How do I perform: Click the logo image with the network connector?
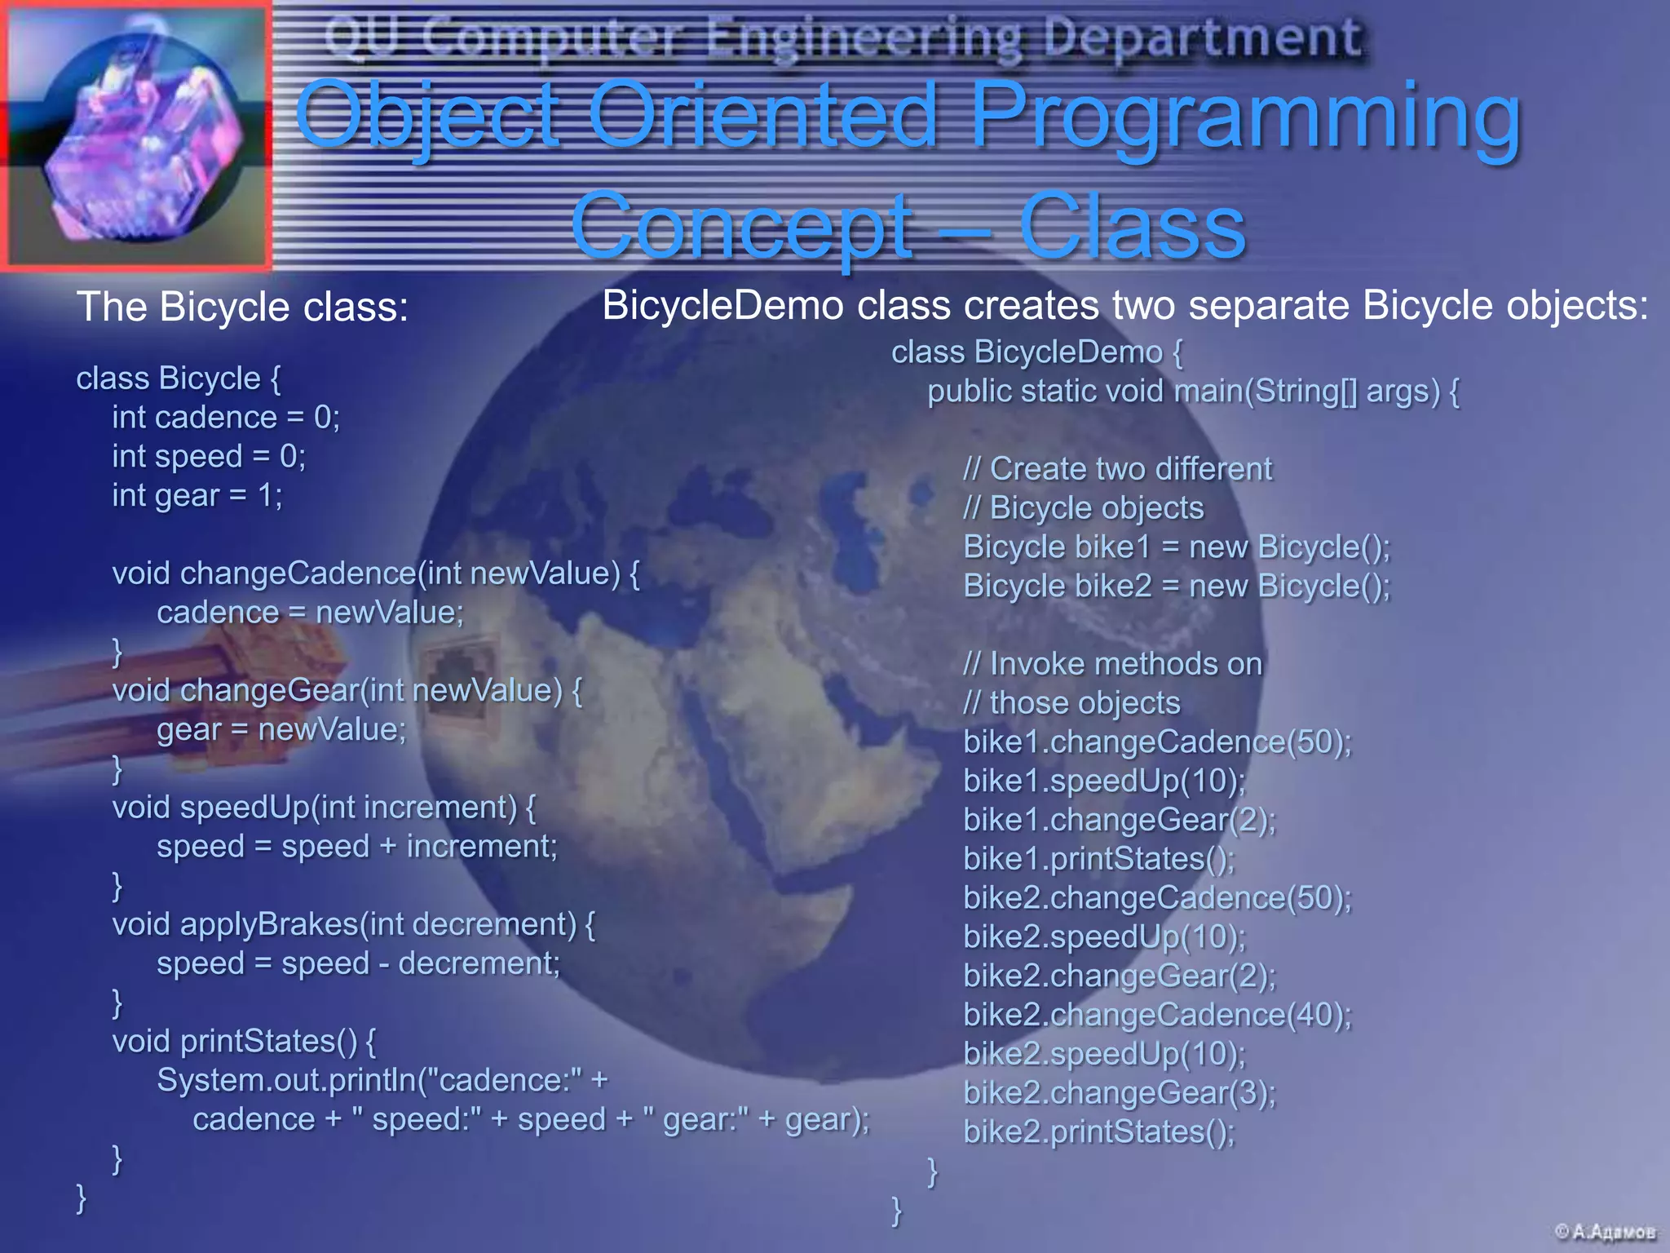[x=137, y=135]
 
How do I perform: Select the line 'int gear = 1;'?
[x=197, y=495]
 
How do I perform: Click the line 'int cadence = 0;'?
[x=226, y=418]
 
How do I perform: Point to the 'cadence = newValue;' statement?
[x=310, y=613]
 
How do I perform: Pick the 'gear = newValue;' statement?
[x=281, y=729]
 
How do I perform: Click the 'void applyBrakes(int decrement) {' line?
[x=354, y=924]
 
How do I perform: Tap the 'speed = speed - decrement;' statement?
[x=359, y=963]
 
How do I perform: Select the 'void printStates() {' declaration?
[x=244, y=1041]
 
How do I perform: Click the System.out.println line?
[x=382, y=1080]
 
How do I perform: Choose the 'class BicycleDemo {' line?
[x=1036, y=352]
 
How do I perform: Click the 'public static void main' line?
[x=1193, y=392]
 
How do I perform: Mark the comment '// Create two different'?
[x=1117, y=469]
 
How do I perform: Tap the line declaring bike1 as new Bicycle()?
[x=1177, y=547]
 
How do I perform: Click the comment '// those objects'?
[x=1071, y=703]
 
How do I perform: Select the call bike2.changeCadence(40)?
[x=1157, y=1015]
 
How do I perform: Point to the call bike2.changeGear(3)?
[x=1120, y=1093]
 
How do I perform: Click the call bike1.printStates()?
[x=1099, y=859]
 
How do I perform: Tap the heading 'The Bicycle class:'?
[x=242, y=308]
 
